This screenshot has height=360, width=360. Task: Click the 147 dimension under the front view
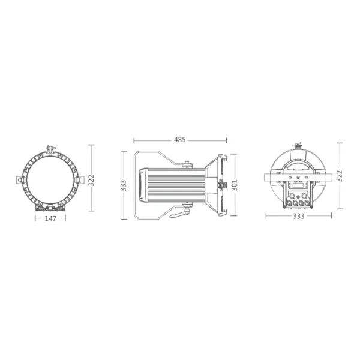50,219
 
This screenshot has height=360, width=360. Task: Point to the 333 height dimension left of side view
124,185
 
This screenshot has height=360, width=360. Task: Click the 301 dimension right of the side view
235,185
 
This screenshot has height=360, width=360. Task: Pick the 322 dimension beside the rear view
340,176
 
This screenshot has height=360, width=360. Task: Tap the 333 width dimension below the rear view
298,216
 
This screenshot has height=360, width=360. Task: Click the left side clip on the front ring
19,179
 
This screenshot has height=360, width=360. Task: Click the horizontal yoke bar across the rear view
298,176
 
